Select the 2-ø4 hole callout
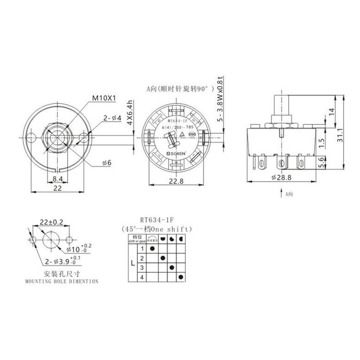(112, 118)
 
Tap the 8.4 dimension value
(58, 179)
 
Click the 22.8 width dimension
(176, 181)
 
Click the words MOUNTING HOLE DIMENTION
(62, 281)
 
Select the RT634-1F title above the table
(156, 220)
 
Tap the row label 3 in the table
(142, 268)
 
